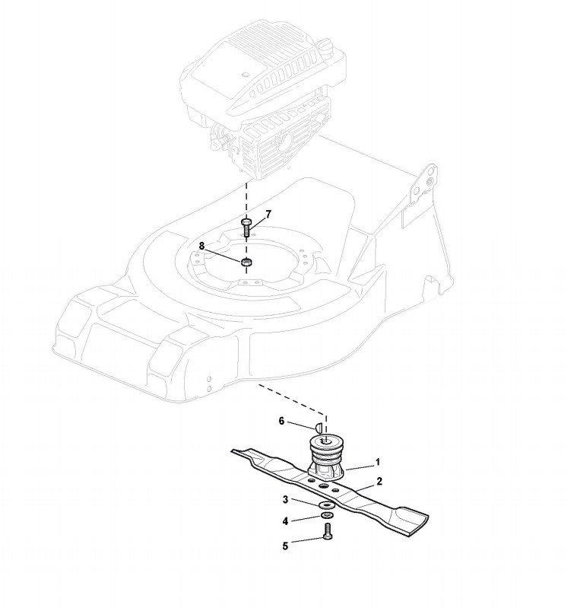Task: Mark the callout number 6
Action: (282, 420)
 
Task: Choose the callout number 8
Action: (201, 246)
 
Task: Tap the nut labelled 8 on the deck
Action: (246, 263)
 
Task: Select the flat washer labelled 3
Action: (327, 505)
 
